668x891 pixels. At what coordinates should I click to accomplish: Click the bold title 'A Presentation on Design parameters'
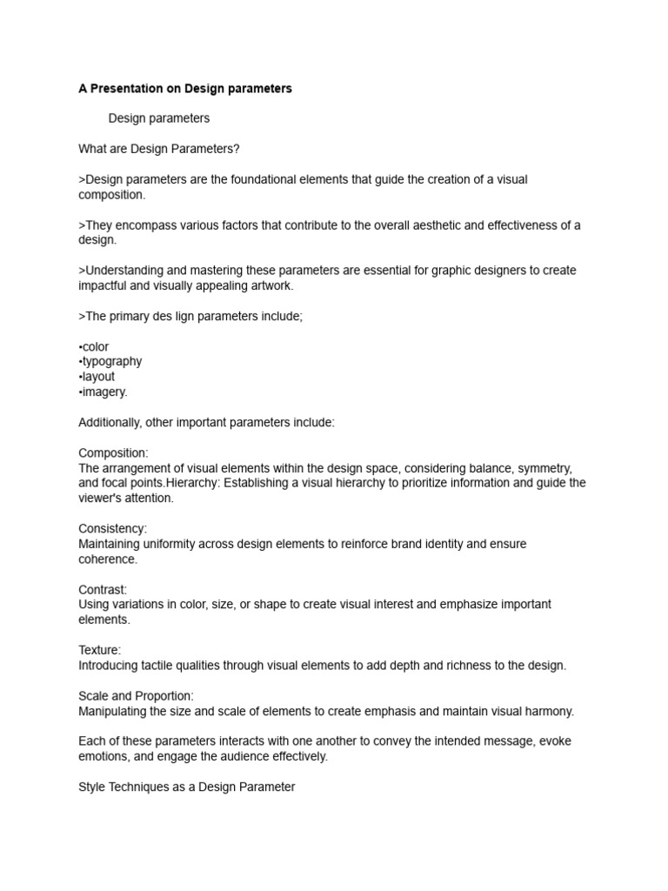point(185,89)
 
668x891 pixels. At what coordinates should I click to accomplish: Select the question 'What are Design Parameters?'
point(158,149)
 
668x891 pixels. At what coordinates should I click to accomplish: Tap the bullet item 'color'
point(94,346)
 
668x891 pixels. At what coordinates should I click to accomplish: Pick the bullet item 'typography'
point(110,361)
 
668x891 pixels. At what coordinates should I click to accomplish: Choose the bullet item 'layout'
point(97,377)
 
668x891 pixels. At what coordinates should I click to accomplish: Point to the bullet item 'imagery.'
point(103,392)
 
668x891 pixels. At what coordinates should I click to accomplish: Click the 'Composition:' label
point(113,452)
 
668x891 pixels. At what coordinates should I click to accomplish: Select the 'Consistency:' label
point(113,528)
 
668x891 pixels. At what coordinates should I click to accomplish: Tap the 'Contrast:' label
point(103,589)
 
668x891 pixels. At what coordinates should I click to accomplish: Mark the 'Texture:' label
point(100,650)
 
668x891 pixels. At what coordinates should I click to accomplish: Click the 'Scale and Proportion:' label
point(137,696)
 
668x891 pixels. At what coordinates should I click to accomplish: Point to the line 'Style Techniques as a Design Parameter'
point(187,787)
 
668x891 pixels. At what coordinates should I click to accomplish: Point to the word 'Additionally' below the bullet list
point(110,422)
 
